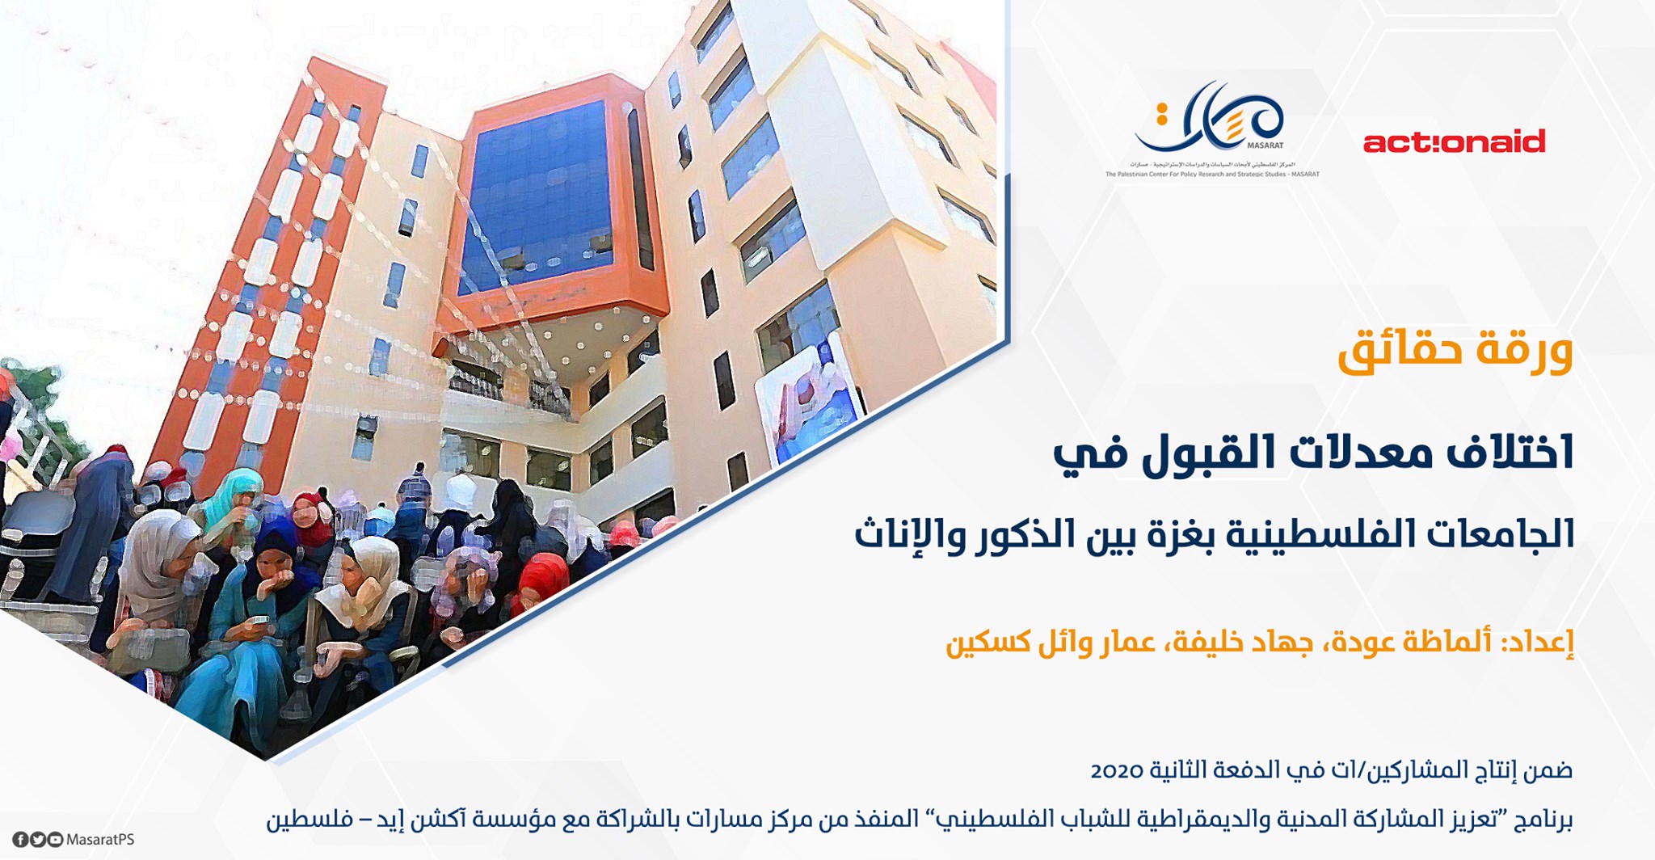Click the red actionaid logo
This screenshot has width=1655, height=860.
pyautogui.click(x=1454, y=141)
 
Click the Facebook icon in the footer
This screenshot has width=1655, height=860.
pyautogui.click(x=21, y=840)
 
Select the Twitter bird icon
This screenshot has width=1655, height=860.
pyautogui.click(x=38, y=840)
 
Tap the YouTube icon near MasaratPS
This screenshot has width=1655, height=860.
pyautogui.click(x=55, y=840)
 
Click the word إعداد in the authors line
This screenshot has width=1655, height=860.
pyautogui.click(x=1540, y=644)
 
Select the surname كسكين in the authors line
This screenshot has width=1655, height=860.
pyautogui.click(x=977, y=644)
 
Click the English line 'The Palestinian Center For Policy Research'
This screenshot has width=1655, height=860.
pyautogui.click(x=1212, y=174)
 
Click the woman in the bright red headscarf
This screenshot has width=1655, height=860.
pyautogui.click(x=541, y=579)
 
